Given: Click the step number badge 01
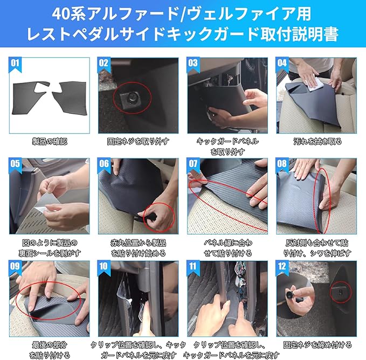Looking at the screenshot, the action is point(15,64).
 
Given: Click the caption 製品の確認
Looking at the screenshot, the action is point(50,141).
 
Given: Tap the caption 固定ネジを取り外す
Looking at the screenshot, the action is point(138,141).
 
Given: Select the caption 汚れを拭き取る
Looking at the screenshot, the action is point(317,141).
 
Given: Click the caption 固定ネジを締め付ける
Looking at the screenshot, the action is point(317,345).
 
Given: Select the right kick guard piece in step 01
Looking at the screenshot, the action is point(71,98).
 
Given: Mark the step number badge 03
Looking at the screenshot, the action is point(194,64).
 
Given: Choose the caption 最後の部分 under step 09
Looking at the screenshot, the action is point(50,345).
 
